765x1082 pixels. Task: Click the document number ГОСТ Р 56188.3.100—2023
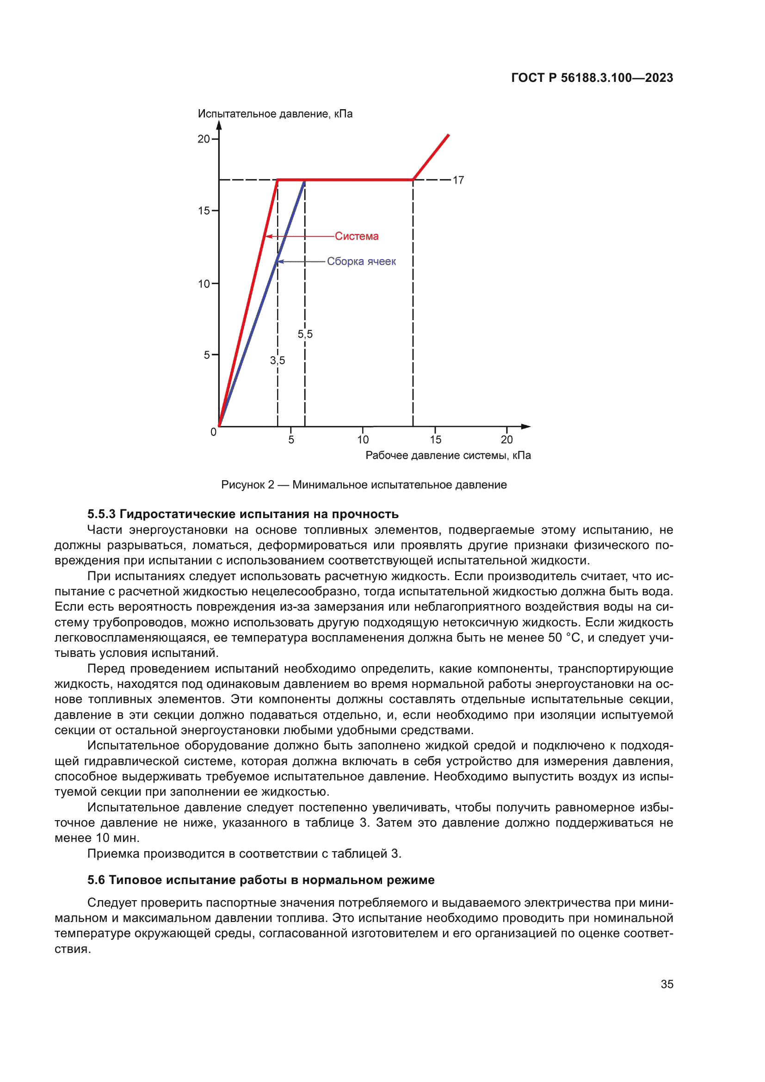[x=592, y=78]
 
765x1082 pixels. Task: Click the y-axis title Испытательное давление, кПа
[x=275, y=114]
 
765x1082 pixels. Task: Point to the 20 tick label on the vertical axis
[x=204, y=139]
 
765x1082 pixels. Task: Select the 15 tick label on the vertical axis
[x=204, y=210]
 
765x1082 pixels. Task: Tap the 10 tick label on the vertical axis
[x=204, y=284]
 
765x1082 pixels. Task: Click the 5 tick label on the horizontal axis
[x=291, y=439]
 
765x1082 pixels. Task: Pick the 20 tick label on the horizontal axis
[x=506, y=439]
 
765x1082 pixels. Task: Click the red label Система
[x=357, y=236]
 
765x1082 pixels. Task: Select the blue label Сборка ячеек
[x=361, y=261]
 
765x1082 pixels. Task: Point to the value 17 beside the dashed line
[x=458, y=180]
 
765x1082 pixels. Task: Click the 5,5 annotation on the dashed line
[x=305, y=334]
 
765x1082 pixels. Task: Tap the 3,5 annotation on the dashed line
[x=278, y=360]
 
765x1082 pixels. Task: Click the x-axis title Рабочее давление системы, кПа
[x=448, y=455]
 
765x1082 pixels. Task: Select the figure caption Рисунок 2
[x=364, y=485]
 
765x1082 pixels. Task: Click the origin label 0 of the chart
[x=213, y=432]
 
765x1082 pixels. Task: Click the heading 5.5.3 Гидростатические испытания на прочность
[x=243, y=514]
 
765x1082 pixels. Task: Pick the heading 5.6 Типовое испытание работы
[x=260, y=880]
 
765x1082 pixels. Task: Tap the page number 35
[x=666, y=984]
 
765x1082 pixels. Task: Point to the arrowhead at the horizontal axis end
[x=526, y=427]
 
